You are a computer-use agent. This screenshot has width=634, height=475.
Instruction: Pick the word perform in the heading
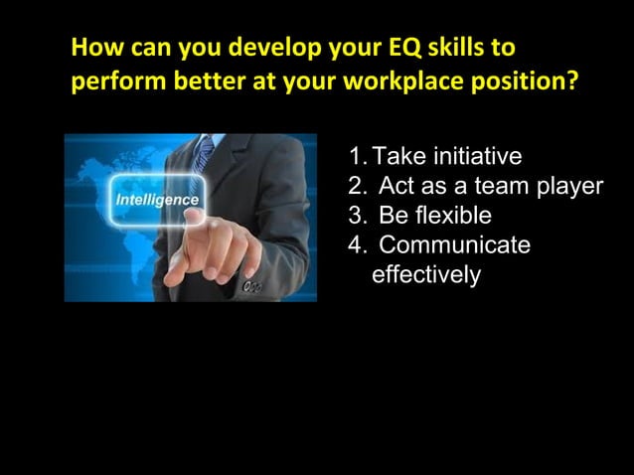tap(108, 81)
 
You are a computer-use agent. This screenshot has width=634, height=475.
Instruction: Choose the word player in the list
tap(570, 187)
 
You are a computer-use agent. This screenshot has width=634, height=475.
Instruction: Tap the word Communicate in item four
tap(454, 245)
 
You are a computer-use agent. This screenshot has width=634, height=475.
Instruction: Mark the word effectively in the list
tap(425, 274)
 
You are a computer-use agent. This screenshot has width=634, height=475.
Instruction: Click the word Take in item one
tap(395, 156)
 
